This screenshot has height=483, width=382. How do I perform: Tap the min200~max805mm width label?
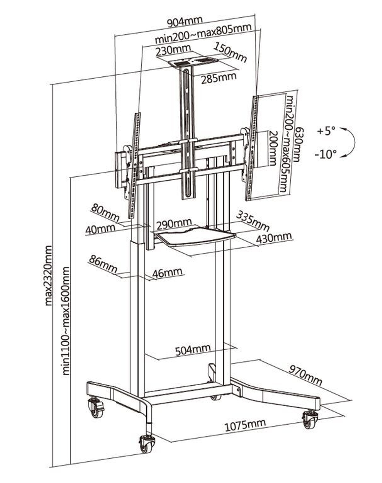(203, 34)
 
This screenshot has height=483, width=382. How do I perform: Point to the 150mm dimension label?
(230, 52)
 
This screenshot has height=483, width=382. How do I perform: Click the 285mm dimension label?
(219, 78)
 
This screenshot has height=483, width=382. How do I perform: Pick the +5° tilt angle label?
(325, 131)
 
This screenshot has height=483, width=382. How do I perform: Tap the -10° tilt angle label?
(325, 154)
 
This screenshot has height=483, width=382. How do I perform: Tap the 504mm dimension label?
(193, 349)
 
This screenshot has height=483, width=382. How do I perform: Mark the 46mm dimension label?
(167, 273)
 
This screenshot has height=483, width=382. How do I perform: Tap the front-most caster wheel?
(146, 444)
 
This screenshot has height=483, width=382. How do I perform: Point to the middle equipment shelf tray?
(195, 237)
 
